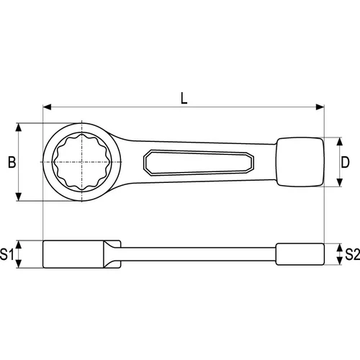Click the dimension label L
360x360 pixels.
point(184,99)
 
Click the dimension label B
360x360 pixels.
point(12,162)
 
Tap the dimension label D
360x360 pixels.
point(345,162)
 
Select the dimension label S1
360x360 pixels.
point(6,254)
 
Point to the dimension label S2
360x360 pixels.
point(352,254)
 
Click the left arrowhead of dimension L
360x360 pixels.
point(47,107)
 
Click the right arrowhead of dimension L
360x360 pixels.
point(320,107)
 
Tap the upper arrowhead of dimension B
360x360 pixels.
point(19,127)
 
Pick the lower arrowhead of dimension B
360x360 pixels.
point(19,197)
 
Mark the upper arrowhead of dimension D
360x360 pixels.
point(339,142)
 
